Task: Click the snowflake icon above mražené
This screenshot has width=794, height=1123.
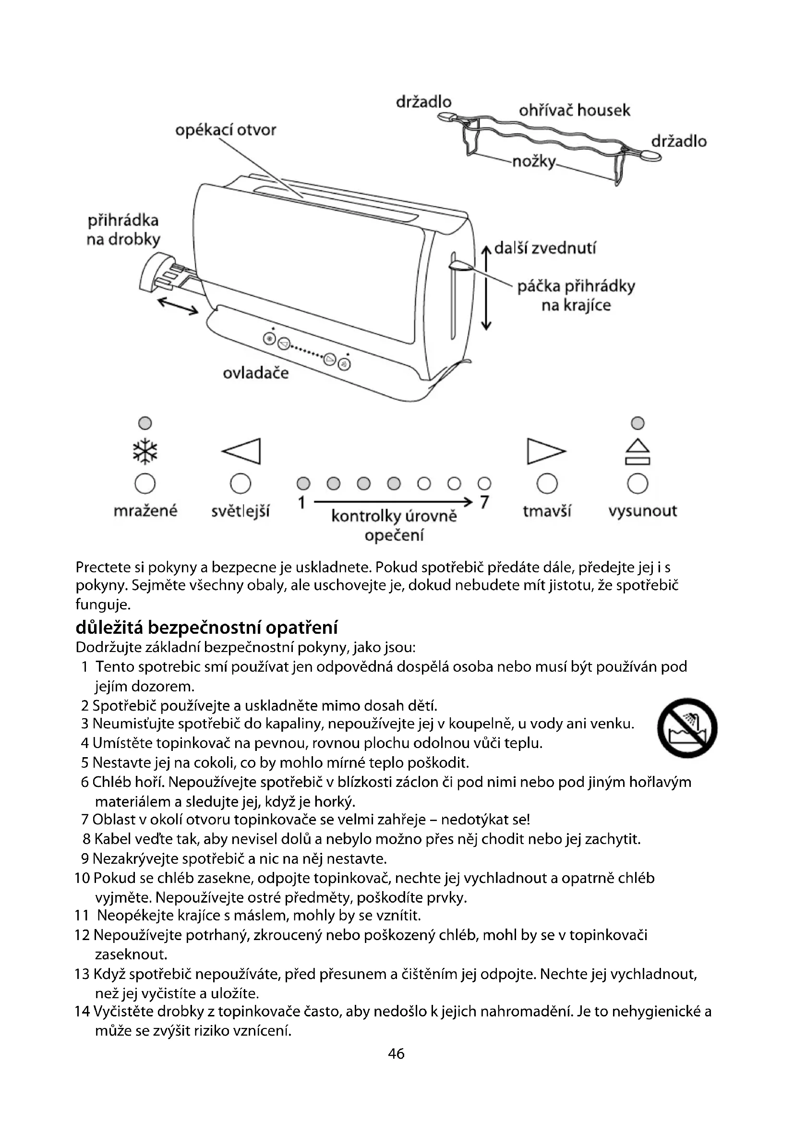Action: click(145, 451)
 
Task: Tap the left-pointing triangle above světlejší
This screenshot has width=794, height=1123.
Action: click(242, 450)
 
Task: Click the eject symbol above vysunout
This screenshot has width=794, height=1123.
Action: click(638, 451)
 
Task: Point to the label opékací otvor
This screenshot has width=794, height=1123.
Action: click(226, 130)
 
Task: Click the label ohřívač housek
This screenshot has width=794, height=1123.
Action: click(575, 110)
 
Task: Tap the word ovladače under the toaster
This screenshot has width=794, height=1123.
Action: click(256, 373)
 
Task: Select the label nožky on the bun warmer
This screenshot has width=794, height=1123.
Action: click(534, 161)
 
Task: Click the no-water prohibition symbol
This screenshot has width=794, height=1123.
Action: click(687, 728)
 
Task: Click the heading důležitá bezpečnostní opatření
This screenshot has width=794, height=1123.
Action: click(207, 627)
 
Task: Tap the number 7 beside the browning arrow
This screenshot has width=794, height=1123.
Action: click(484, 502)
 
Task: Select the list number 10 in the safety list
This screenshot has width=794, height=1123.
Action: click(82, 878)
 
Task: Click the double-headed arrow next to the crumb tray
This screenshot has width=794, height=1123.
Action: click(178, 307)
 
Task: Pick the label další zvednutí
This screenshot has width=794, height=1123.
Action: click(545, 249)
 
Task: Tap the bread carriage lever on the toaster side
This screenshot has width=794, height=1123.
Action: click(461, 266)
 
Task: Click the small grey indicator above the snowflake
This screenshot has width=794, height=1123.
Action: click(145, 423)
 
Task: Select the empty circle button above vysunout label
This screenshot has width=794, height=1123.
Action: click(638, 484)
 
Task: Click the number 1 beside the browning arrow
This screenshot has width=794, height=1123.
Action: click(301, 502)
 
